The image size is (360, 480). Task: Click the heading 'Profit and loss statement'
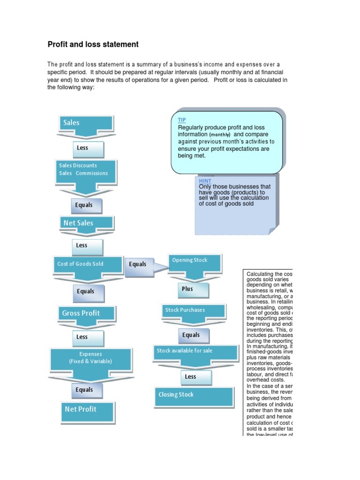tap(93, 45)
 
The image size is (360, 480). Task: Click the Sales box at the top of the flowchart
tap(86, 123)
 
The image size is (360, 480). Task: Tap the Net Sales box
tap(86, 223)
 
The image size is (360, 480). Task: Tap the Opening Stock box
tap(195, 261)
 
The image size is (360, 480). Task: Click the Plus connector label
tap(192, 289)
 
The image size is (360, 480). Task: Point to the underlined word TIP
tap(182, 120)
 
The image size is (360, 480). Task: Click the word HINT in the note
tap(205, 181)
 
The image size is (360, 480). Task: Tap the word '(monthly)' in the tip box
tap(220, 135)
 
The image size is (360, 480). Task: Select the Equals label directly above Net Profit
tap(84, 390)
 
